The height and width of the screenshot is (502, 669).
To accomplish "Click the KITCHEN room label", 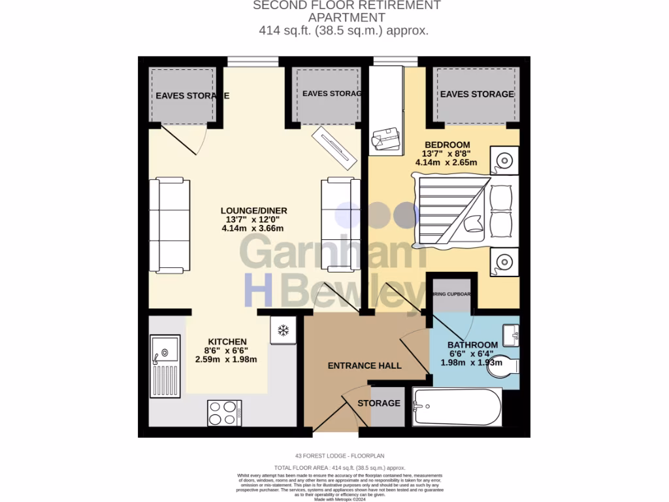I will click(x=227, y=342).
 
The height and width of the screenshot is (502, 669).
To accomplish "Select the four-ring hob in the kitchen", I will click(x=225, y=412).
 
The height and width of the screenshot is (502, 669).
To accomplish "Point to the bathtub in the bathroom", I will click(x=457, y=407).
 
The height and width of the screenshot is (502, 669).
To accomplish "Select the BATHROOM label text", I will click(x=472, y=344).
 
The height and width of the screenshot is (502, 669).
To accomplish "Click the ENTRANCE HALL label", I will click(x=365, y=365).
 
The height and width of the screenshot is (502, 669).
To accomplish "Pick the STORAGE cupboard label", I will click(x=379, y=403).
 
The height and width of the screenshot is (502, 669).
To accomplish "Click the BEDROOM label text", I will click(x=447, y=144).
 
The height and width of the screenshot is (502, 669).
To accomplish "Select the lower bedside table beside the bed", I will click(x=504, y=262).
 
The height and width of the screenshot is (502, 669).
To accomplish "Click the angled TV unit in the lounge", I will click(x=334, y=147).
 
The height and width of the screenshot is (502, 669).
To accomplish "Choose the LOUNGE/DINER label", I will click(x=253, y=210).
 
